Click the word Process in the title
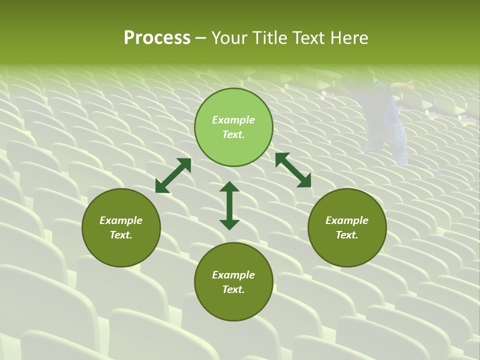(x=157, y=38)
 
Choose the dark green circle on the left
(x=121, y=227)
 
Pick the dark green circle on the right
(x=347, y=227)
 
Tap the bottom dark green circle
(x=233, y=281)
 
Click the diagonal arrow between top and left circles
(x=173, y=175)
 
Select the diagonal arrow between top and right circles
(x=293, y=170)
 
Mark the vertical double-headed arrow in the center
(x=229, y=205)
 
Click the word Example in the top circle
(x=233, y=120)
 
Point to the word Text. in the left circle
(x=121, y=235)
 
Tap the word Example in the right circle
(x=347, y=220)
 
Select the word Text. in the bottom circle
(x=233, y=289)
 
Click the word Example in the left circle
(x=121, y=220)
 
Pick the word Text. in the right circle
(x=347, y=235)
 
